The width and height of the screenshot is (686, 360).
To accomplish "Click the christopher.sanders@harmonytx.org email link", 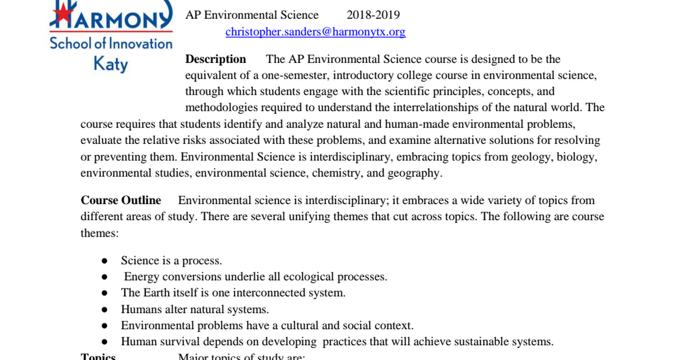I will tap(316, 32).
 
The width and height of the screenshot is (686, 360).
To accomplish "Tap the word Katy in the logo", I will tap(111, 63).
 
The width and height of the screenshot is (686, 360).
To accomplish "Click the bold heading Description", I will tap(216, 59).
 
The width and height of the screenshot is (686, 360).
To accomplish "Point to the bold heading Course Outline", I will tap(121, 201).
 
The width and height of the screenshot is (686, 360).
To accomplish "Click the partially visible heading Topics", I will tap(98, 357).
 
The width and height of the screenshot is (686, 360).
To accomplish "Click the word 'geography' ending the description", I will tap(414, 173).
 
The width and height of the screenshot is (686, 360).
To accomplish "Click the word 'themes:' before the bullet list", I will tap(99, 233).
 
